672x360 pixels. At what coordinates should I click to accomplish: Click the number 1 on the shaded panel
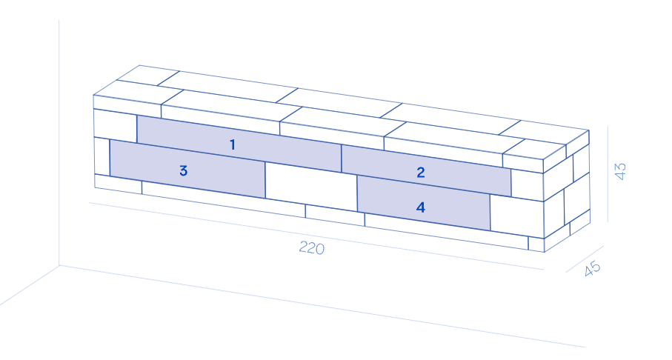[233, 144]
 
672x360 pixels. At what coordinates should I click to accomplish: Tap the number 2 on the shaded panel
[421, 173]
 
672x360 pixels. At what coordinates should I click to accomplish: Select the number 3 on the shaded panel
[183, 170]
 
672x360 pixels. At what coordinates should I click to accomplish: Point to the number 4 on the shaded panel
[421, 207]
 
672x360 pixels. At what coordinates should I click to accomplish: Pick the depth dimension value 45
[592, 269]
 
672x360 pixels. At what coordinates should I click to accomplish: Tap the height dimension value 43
[621, 172]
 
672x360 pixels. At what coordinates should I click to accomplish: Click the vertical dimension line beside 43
[608, 174]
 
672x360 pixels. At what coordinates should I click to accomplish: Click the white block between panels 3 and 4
[310, 186]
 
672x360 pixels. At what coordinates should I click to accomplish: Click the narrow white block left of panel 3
[102, 156]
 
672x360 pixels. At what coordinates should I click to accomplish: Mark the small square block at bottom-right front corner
[536, 244]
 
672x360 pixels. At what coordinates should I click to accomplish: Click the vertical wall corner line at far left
[59, 141]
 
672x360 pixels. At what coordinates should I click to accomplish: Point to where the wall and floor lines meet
[59, 265]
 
